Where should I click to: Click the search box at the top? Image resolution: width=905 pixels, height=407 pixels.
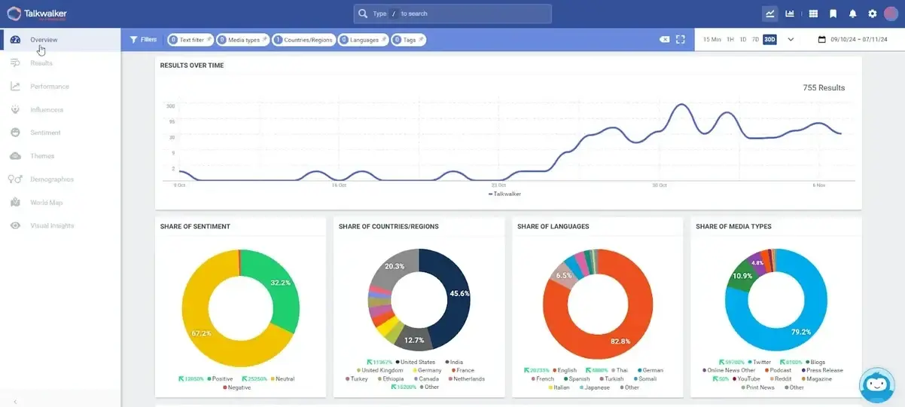(452, 14)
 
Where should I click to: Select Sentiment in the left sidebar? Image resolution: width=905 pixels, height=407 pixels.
(45, 133)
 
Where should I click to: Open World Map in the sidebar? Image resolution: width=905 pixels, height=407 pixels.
(46, 203)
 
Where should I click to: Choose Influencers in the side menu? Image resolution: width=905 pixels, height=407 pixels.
(47, 110)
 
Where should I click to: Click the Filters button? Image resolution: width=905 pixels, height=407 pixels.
(143, 39)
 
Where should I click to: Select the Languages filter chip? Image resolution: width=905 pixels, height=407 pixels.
(363, 40)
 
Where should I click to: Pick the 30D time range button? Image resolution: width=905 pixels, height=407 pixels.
(769, 39)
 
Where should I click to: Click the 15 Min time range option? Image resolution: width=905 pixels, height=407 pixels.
(712, 39)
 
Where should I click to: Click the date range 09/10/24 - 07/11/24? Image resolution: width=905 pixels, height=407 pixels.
(856, 40)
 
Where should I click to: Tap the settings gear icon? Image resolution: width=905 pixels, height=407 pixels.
(873, 14)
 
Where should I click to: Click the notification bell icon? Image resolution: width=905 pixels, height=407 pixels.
(853, 14)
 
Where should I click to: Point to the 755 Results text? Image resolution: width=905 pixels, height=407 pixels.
(824, 87)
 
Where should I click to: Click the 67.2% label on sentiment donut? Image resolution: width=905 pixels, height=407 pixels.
(201, 332)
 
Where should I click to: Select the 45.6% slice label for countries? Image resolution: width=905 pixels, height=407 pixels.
(459, 293)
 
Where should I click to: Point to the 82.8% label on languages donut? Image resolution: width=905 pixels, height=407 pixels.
(620, 341)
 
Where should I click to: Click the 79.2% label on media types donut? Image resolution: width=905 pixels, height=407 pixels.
(800, 332)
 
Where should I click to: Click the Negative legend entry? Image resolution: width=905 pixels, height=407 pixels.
(238, 387)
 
